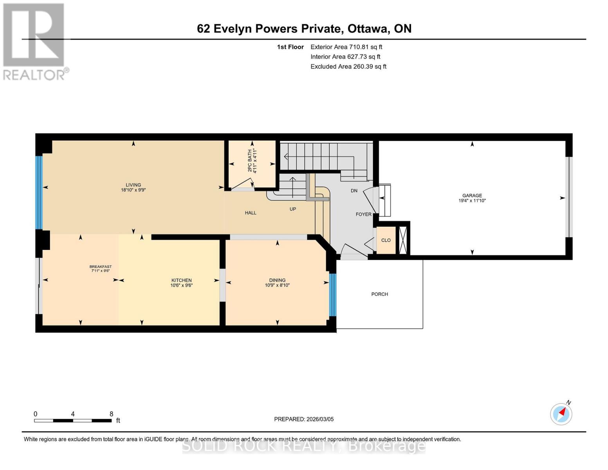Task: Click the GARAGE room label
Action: (x=472, y=195)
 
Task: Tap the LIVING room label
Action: (x=133, y=185)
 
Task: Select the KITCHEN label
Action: (x=181, y=280)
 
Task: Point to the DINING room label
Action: (x=277, y=280)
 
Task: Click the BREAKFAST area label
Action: (x=101, y=267)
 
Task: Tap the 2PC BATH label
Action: (x=252, y=161)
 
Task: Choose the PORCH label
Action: (x=379, y=294)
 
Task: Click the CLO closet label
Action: (x=386, y=240)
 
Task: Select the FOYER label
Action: (x=363, y=214)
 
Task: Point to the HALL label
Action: (x=251, y=213)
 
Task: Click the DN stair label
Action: (x=354, y=191)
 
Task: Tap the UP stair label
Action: (x=293, y=209)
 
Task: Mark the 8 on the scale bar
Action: (x=111, y=414)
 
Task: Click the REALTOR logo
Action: (x=34, y=41)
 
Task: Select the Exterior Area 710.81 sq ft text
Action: (x=346, y=47)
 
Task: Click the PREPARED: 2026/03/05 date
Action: (x=304, y=419)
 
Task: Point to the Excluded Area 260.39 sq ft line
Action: (x=348, y=67)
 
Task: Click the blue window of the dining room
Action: (x=332, y=295)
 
